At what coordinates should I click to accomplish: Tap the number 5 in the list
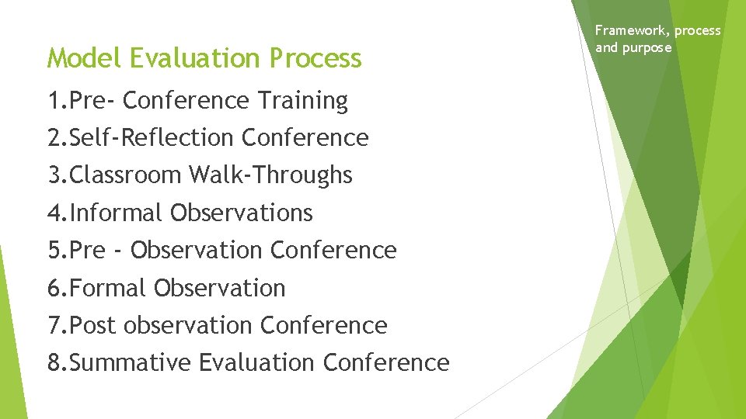coord(54,251)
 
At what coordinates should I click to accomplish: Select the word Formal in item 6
coord(108,288)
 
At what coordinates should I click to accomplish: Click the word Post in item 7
coord(93,325)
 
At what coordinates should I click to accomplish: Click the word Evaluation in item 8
coord(256,362)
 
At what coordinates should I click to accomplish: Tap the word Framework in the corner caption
coord(630,31)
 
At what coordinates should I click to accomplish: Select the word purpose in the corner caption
coord(647,47)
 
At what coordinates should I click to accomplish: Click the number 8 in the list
coord(54,362)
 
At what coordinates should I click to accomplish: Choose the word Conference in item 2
coord(305,138)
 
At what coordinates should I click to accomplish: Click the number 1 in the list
coord(54,101)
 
